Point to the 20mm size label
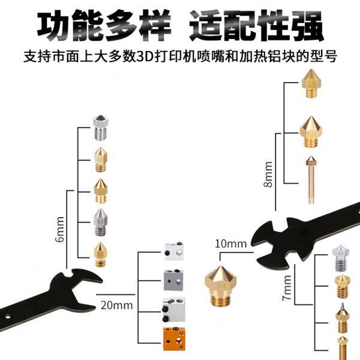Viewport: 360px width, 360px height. (x=116, y=305)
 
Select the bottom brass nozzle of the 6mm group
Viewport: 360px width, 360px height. (x=100, y=254)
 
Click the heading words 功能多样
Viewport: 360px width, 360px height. (x=103, y=27)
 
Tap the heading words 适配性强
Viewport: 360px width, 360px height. (x=256, y=27)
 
